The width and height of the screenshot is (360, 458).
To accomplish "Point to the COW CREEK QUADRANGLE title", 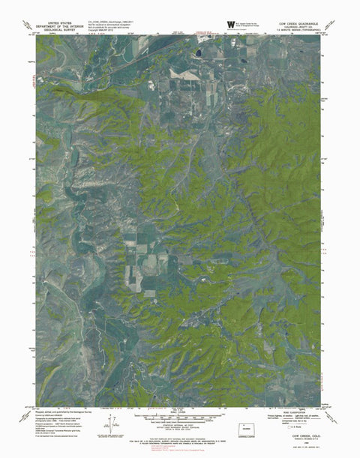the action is pos(298,22).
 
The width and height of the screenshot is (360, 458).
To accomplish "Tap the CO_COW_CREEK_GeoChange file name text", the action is pos(112,22).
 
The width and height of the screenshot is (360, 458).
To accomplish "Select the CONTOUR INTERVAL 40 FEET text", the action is pos(180,425).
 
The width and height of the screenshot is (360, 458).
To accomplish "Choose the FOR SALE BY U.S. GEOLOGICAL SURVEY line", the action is pos(180,439).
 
